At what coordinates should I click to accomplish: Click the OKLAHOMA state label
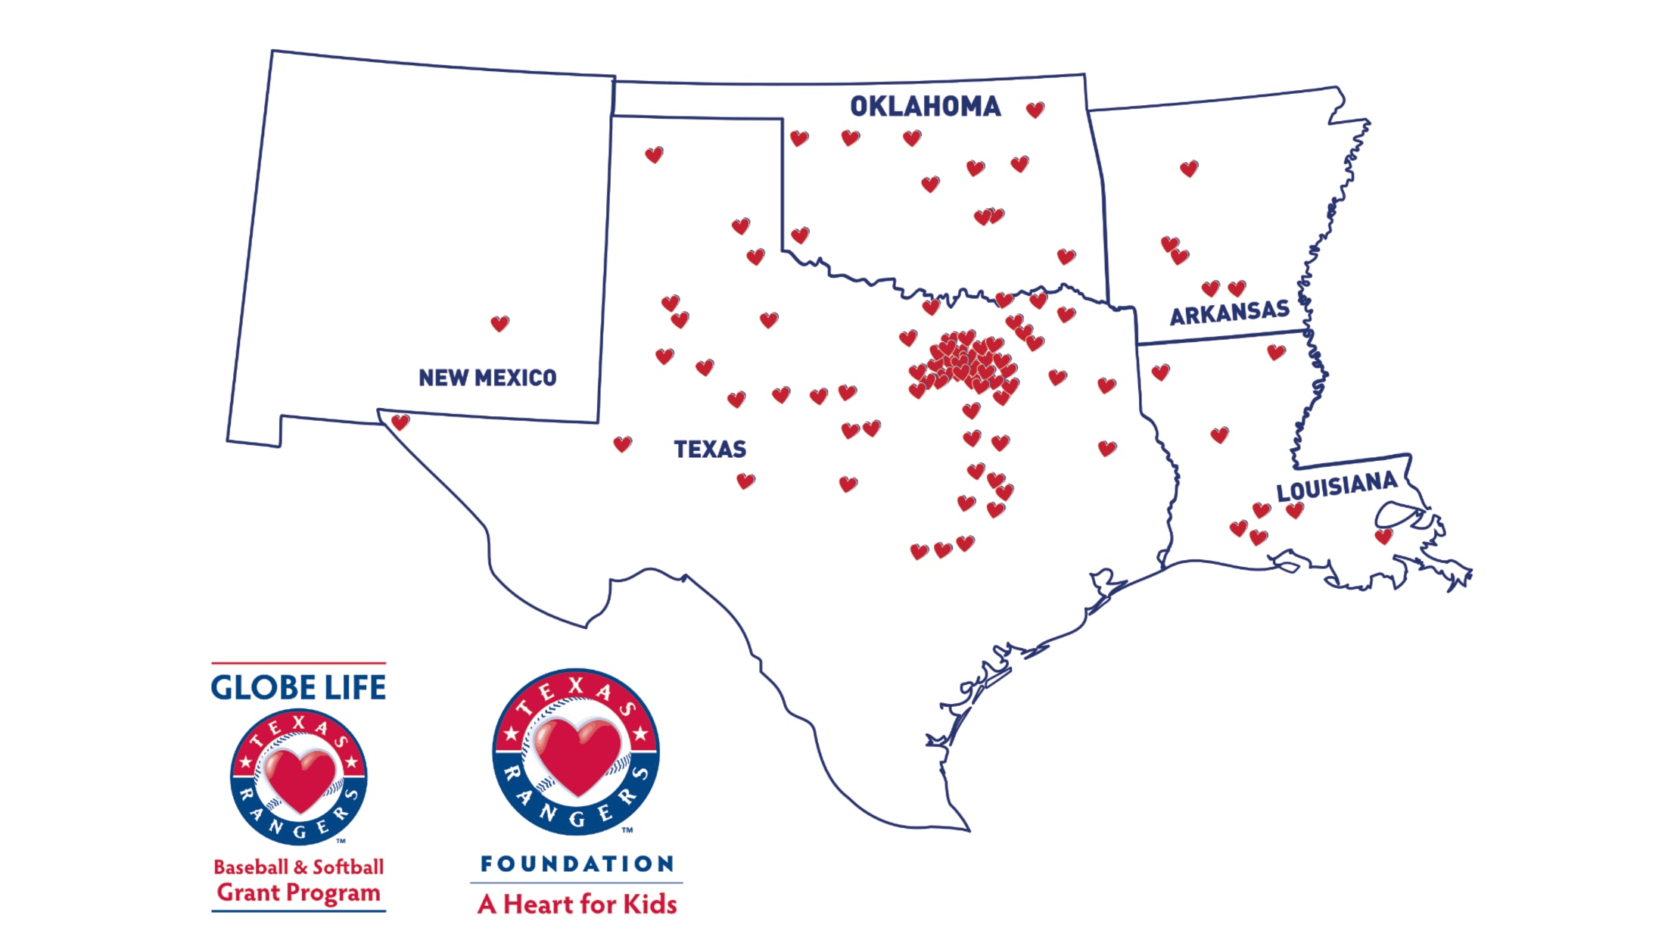(925, 107)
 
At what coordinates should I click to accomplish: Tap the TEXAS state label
(710, 450)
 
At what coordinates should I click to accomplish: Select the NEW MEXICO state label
(487, 378)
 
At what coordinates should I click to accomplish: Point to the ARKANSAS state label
(1229, 312)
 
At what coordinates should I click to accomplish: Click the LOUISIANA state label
(1336, 486)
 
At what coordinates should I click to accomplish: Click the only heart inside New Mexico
(499, 324)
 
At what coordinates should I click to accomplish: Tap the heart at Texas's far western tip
(400, 422)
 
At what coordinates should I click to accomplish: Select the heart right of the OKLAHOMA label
(1035, 110)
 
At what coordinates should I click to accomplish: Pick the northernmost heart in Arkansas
(1189, 169)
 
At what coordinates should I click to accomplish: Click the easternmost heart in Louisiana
(1384, 537)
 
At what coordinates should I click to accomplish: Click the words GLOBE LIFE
(298, 687)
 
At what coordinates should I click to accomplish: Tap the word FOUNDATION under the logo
(577, 864)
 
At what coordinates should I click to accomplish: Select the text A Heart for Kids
(577, 904)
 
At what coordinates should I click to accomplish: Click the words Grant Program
(298, 892)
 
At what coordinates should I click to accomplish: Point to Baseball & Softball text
(298, 867)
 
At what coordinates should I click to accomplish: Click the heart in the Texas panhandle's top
(654, 155)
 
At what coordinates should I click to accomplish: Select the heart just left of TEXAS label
(622, 444)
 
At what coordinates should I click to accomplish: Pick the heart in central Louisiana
(1219, 435)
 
